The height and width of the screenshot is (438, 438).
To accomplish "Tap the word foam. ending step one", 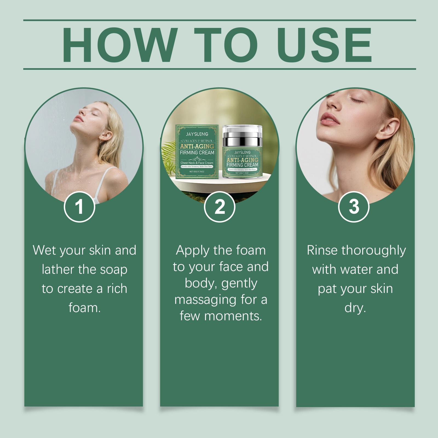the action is click(85, 308).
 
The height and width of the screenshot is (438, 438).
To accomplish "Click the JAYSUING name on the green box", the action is click(197, 134).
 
